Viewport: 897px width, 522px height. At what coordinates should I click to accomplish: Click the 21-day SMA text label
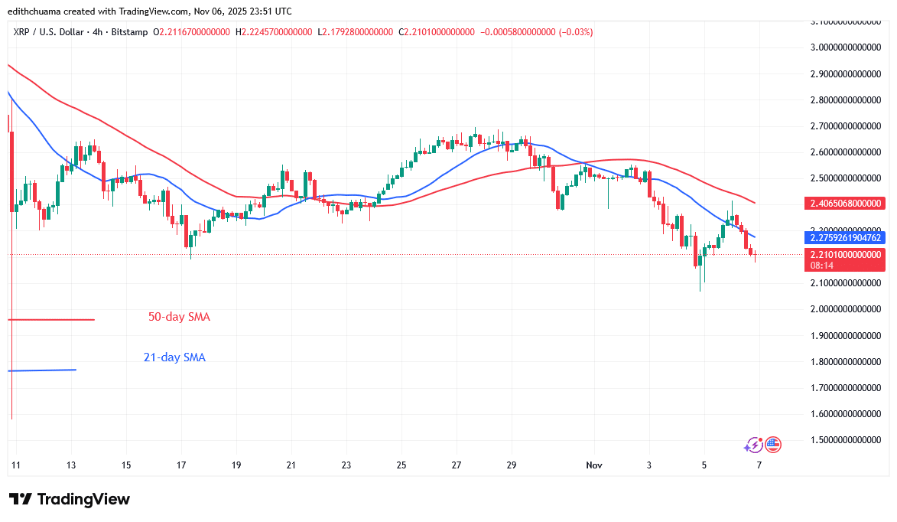click(174, 357)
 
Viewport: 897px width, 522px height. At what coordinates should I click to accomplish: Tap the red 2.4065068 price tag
click(844, 204)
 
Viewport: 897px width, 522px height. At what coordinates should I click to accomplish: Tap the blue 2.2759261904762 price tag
click(844, 238)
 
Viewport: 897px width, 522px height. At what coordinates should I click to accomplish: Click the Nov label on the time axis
click(594, 465)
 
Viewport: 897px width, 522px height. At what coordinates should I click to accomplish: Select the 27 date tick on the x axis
click(457, 465)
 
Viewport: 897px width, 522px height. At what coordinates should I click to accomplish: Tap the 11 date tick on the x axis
click(16, 465)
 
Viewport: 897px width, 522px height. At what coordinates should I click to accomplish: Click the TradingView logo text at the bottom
click(70, 499)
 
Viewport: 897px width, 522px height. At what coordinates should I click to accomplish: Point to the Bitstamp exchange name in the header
click(130, 32)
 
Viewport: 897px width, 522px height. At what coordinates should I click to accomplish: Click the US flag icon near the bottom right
click(773, 444)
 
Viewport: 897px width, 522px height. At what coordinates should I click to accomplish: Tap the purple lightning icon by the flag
click(754, 444)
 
